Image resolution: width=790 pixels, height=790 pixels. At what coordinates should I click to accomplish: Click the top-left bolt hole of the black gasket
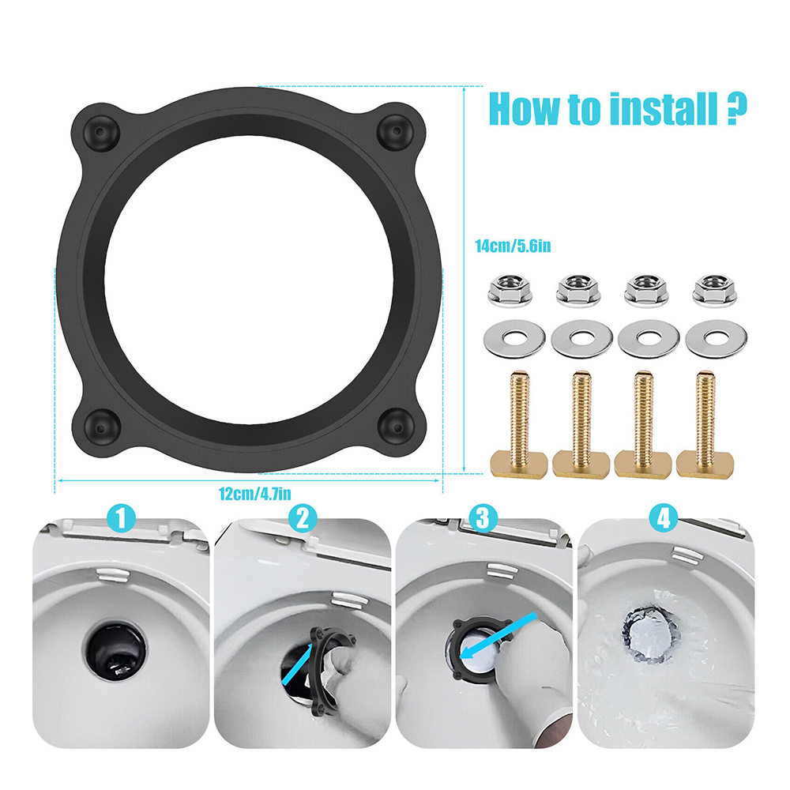(101, 132)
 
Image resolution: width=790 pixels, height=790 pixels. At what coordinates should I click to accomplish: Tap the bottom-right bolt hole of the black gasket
(397, 426)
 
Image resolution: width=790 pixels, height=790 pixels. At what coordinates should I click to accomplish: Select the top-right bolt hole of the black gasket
(396, 132)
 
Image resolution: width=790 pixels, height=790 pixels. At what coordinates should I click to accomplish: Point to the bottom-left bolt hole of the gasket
(101, 427)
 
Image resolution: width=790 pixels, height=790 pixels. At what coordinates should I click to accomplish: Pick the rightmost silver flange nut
(715, 291)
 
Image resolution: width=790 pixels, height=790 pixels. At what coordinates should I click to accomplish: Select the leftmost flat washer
(514, 339)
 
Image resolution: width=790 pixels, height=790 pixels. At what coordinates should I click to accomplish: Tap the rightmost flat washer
(716, 339)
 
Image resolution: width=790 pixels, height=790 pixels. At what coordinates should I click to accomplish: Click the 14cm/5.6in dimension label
(513, 246)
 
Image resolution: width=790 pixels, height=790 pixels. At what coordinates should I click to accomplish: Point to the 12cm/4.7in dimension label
(255, 494)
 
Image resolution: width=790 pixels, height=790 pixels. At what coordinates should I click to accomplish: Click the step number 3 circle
(483, 518)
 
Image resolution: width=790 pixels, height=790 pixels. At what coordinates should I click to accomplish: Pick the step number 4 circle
(664, 518)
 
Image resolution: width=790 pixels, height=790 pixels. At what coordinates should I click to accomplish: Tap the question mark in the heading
(737, 109)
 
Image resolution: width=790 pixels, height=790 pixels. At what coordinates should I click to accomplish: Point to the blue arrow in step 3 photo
(498, 636)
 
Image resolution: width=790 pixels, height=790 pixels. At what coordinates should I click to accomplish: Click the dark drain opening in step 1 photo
(115, 651)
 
